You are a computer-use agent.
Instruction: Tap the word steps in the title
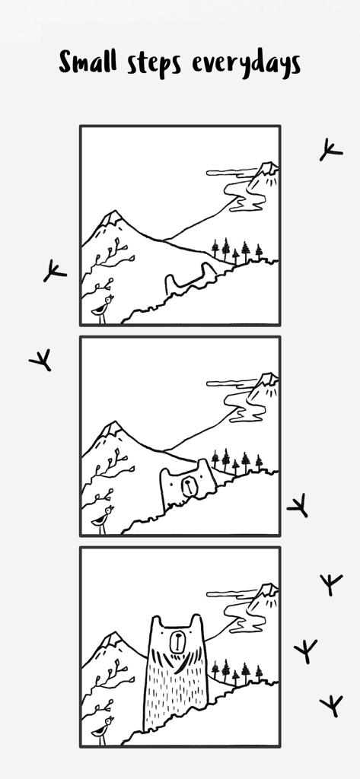coord(155,65)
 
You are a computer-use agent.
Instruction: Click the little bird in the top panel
coord(103,307)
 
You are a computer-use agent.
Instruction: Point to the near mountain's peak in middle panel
coord(112,429)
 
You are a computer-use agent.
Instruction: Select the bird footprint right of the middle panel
coord(298,505)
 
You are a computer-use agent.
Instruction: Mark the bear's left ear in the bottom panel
coord(157,622)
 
